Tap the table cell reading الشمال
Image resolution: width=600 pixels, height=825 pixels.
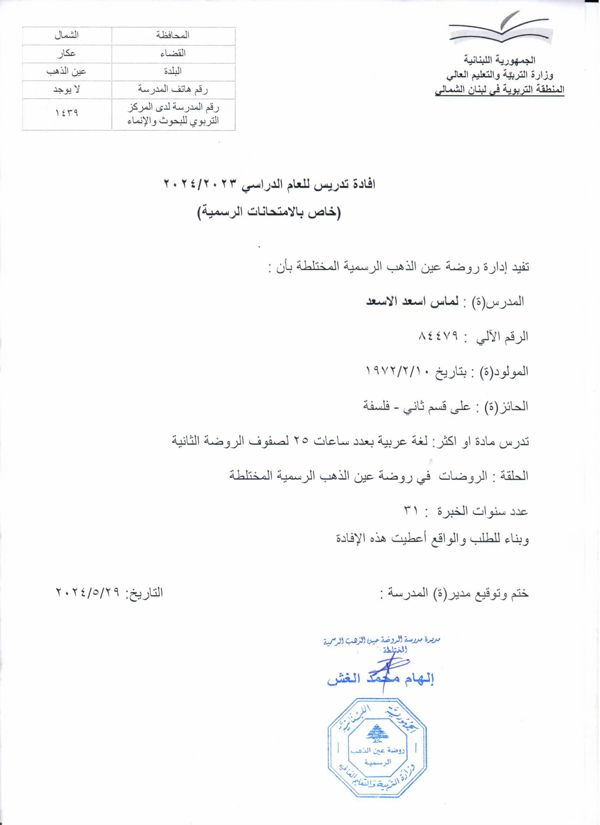pyautogui.click(x=67, y=36)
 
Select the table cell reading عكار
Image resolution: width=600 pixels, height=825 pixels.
pyautogui.click(x=67, y=54)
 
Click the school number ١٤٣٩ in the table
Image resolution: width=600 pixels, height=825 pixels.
pyautogui.click(x=67, y=114)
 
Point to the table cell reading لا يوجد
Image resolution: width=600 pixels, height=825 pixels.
pyautogui.click(x=67, y=90)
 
